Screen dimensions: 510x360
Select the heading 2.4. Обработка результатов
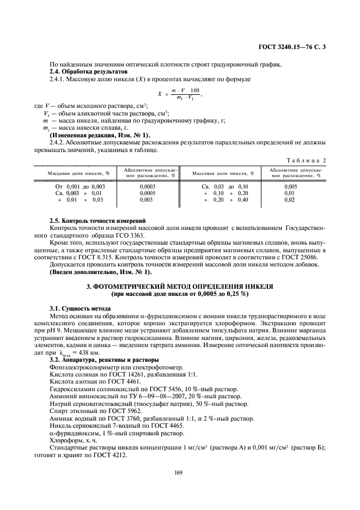coord(88,72)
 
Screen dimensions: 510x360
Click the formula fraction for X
coord(185,93)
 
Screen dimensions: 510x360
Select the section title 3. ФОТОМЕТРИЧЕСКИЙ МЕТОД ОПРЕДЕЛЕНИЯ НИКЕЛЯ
coord(179,286)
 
